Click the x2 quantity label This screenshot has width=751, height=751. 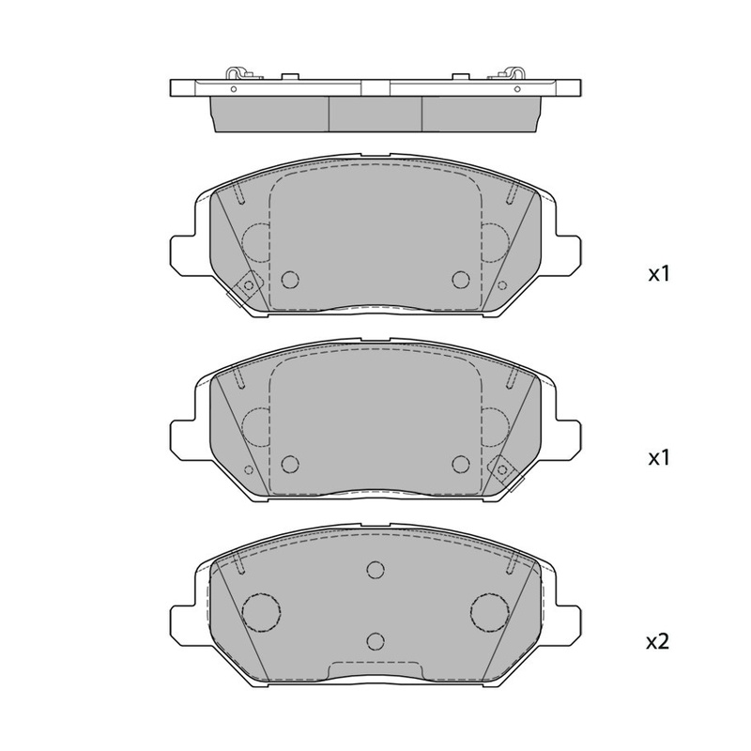point(658,642)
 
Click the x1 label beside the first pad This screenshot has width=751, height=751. point(659,274)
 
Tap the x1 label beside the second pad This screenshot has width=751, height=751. point(659,458)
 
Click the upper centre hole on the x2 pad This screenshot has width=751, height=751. point(375,570)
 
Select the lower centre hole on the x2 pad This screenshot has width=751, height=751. point(375,641)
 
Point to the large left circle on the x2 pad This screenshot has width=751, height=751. point(262,612)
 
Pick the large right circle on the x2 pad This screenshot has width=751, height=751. point(489,612)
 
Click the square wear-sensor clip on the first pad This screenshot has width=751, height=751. point(248,286)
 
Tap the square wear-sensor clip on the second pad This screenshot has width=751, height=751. point(502,469)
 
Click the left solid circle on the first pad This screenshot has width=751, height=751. point(290,279)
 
